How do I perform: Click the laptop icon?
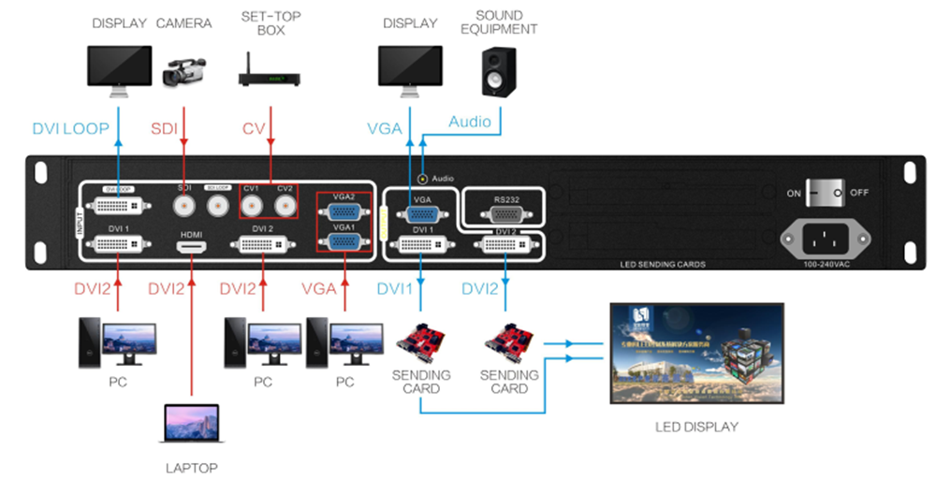(x=191, y=426)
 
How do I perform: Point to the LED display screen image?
(x=696, y=353)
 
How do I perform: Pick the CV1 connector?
(x=252, y=203)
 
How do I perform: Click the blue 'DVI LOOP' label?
(x=70, y=128)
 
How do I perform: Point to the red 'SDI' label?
(x=165, y=128)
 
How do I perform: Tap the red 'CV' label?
(x=254, y=128)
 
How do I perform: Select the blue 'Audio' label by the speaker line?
(x=469, y=122)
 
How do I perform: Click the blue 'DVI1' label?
(x=395, y=289)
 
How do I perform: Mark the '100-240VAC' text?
(x=827, y=265)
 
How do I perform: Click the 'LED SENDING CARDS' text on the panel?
(x=662, y=265)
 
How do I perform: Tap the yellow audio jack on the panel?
(x=423, y=178)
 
